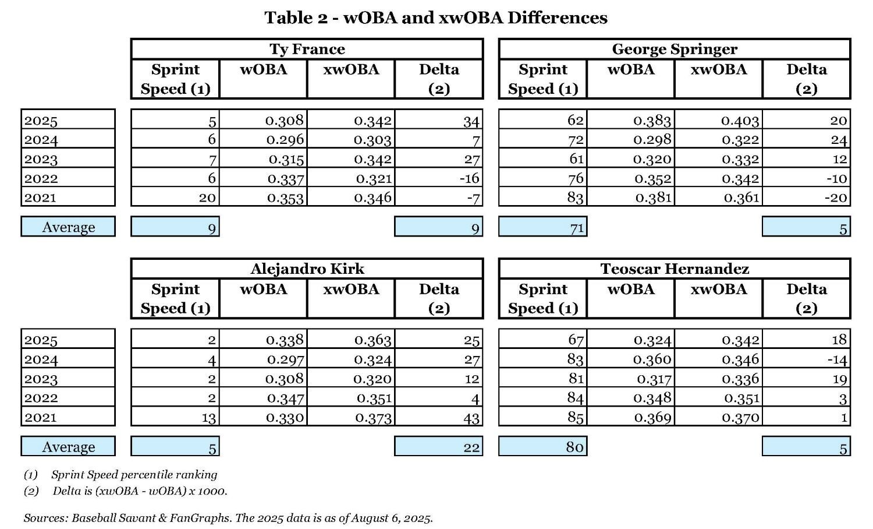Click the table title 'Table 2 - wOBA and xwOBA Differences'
(436, 18)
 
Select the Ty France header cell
(307, 49)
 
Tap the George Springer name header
(675, 49)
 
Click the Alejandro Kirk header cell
(307, 269)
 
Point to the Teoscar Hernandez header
(675, 269)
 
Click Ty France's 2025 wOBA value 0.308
(285, 121)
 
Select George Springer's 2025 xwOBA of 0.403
(740, 121)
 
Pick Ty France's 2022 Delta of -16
(469, 178)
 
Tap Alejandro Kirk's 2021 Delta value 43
(471, 418)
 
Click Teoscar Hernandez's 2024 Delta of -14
(837, 359)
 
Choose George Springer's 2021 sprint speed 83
(575, 198)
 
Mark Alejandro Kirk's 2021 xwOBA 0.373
(372, 418)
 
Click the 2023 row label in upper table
(41, 159)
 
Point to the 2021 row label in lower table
(41, 417)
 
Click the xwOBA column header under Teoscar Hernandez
(718, 289)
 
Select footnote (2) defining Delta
(126, 491)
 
